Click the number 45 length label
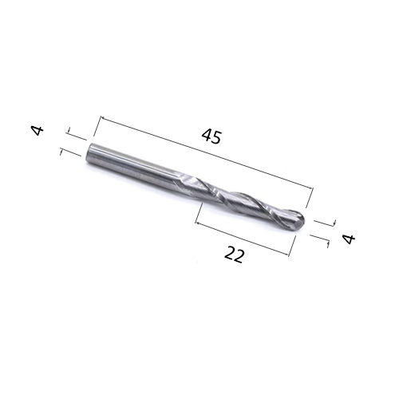pyautogui.click(x=211, y=136)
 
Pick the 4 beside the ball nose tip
pyautogui.click(x=347, y=239)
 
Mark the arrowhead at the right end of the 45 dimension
pyautogui.click(x=311, y=190)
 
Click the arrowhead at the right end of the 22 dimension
pyautogui.click(x=287, y=255)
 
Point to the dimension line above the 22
pyautogui.click(x=242, y=237)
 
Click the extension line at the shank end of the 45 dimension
pyautogui.click(x=95, y=131)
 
